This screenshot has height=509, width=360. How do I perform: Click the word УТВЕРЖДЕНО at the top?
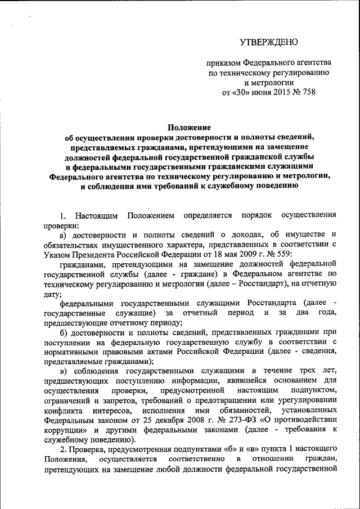(x=269, y=42)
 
